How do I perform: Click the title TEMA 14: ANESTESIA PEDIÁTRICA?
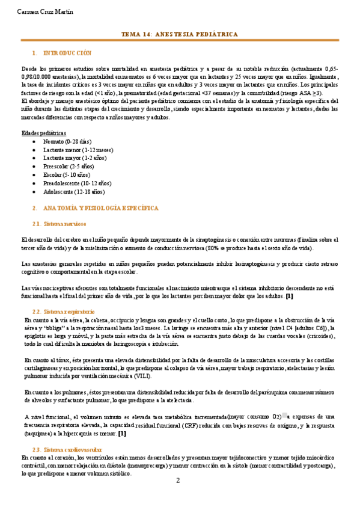180,34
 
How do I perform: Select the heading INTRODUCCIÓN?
68,53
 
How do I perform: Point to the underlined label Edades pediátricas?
44,132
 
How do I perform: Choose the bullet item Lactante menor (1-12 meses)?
75,149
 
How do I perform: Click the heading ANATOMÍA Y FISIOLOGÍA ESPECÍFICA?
101,207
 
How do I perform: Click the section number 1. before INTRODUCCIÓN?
35,53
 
